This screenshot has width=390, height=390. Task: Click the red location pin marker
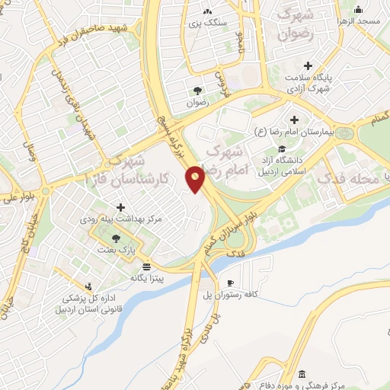[196, 180]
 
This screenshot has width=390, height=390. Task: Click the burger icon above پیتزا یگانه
[146, 267]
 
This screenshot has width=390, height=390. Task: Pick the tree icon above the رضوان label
[197, 90]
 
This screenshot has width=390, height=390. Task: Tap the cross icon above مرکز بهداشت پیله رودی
[120, 207]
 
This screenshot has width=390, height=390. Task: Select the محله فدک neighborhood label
[351, 180]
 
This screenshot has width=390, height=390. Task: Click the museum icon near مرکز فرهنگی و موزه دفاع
[302, 374]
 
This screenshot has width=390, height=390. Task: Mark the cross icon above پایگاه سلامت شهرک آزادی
[308, 66]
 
